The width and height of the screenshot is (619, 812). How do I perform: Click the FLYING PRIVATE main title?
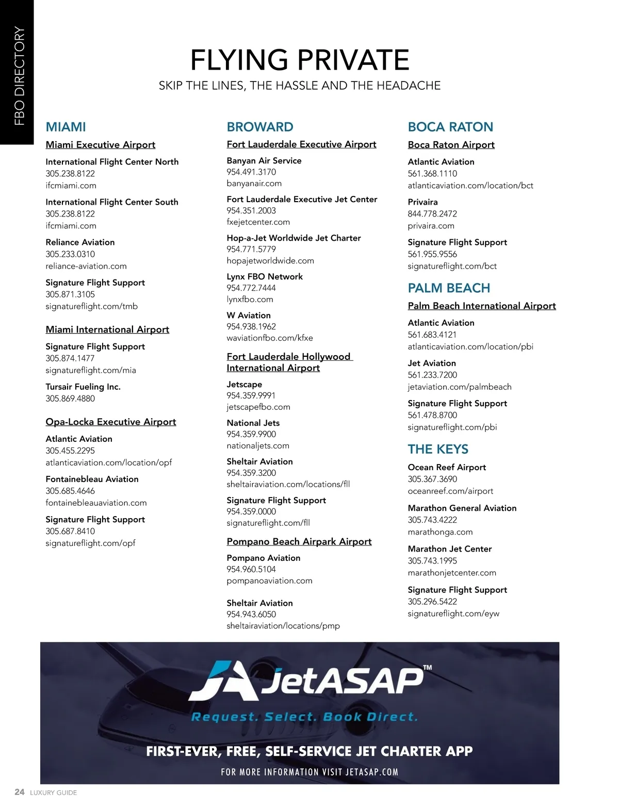pyautogui.click(x=300, y=60)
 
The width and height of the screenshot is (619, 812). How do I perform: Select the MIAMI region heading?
pyautogui.click(x=66, y=127)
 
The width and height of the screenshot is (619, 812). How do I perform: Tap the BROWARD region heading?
pyautogui.click(x=260, y=127)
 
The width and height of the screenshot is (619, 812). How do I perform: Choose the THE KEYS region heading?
pyautogui.click(x=438, y=449)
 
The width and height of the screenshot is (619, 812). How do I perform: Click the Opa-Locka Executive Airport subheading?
pyautogui.click(x=111, y=422)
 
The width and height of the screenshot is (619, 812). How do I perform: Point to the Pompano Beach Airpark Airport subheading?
pyautogui.click(x=299, y=541)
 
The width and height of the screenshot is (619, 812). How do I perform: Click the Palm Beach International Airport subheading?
pyautogui.click(x=482, y=306)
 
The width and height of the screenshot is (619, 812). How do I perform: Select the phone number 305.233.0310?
pyautogui.click(x=70, y=254)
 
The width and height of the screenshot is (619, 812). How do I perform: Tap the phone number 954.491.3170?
pyautogui.click(x=251, y=172)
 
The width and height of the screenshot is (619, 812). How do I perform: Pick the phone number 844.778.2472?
pyautogui.click(x=432, y=214)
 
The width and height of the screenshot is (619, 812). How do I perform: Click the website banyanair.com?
pyautogui.click(x=254, y=184)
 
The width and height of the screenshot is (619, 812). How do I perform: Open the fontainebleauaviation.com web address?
pyautogui.click(x=96, y=503)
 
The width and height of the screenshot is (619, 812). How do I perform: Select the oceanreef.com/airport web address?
pyautogui.click(x=450, y=491)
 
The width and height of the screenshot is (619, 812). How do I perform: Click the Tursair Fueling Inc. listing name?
pyautogui.click(x=83, y=387)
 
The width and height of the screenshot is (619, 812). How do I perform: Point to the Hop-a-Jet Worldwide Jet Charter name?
pyautogui.click(x=294, y=238)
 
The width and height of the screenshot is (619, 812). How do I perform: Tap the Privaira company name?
pyautogui.click(x=422, y=202)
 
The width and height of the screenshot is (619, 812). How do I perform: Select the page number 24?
pyautogui.click(x=20, y=792)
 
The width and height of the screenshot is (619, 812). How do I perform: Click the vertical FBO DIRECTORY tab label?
pyautogui.click(x=19, y=76)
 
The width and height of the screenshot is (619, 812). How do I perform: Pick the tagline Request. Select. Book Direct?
pyautogui.click(x=304, y=717)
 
